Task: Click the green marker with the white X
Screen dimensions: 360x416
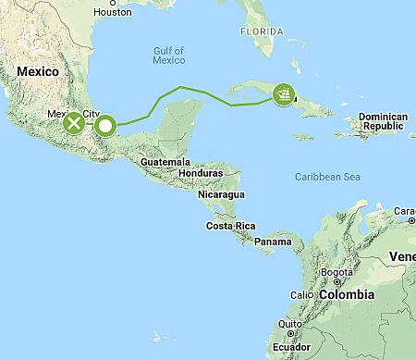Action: coord(73,123)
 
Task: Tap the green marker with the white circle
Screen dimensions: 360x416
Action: coord(105,125)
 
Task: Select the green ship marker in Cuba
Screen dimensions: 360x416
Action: coord(285,93)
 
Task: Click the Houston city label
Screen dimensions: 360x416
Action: coord(113,12)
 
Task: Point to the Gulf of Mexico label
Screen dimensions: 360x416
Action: coord(169,55)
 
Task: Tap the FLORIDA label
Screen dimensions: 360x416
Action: coord(262,31)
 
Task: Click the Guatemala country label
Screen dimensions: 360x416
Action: coord(165,161)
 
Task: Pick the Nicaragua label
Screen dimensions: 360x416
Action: coord(221,194)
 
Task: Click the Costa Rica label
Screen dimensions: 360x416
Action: coord(230,226)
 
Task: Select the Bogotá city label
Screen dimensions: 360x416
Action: coord(336,273)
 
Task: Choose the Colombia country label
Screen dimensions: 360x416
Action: coord(347,294)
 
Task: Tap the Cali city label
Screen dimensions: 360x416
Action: coord(301,295)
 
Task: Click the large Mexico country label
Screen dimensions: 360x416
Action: coord(38,71)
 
